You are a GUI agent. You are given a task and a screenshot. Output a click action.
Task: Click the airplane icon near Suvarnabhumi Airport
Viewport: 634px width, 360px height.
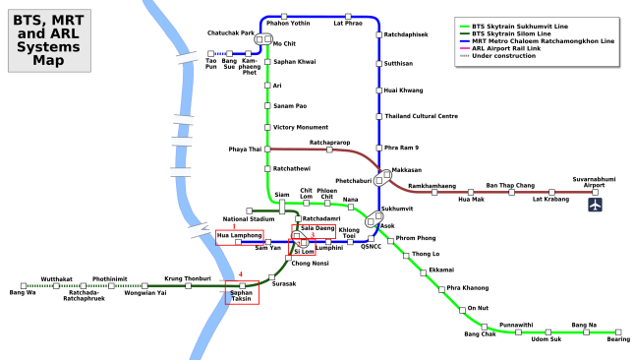tap(595, 205)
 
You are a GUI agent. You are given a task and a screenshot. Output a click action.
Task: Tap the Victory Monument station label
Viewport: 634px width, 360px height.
tap(301, 127)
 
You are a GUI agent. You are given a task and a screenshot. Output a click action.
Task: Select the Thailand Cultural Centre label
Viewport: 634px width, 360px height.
tap(421, 116)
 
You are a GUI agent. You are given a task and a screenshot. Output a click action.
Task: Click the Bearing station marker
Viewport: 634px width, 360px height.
tap(618, 331)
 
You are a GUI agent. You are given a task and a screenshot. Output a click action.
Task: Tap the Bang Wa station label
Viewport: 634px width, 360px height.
tap(22, 292)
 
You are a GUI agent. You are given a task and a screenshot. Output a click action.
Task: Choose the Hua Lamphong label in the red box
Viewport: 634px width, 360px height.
tap(240, 236)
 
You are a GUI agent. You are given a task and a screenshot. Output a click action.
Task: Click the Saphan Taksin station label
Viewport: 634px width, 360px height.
tap(242, 295)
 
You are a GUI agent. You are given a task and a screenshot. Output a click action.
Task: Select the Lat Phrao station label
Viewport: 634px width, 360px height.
tap(348, 22)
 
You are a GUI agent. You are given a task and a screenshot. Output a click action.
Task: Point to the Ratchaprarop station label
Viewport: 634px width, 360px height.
tap(330, 142)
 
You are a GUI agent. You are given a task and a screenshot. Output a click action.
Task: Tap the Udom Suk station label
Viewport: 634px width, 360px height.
tap(547, 339)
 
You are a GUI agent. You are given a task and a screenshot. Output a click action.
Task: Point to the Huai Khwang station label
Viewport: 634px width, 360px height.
tap(404, 90)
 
